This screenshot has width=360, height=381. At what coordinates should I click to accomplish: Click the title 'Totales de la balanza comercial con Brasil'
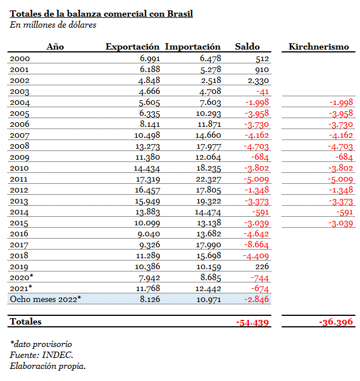[101, 14]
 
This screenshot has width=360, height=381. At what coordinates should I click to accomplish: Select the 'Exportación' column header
[132, 47]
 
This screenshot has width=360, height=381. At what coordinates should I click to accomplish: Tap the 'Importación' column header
[192, 47]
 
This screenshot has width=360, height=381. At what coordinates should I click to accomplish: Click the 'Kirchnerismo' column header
[319, 47]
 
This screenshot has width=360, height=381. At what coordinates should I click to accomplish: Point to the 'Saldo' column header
[248, 47]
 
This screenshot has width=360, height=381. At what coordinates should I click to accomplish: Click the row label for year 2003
[20, 91]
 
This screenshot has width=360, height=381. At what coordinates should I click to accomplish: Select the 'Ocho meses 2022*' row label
[46, 299]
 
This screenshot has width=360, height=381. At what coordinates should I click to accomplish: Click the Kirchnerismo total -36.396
[336, 322]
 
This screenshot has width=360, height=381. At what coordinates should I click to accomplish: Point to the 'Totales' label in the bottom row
[26, 322]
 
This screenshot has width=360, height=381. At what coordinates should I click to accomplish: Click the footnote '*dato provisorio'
[41, 345]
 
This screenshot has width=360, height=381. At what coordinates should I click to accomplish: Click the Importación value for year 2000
[211, 58]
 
